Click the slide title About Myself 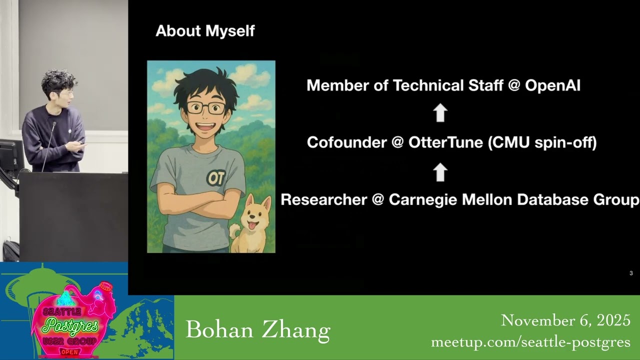tap(205, 31)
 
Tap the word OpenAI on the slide tap(552, 85)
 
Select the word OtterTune tap(445, 142)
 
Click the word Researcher tap(323, 199)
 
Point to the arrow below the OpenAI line tap(440, 112)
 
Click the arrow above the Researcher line tap(440, 172)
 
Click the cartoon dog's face tap(253, 215)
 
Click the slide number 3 tap(631, 273)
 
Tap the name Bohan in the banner tap(219, 330)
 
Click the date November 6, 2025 tap(565, 320)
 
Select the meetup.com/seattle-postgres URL tap(530, 342)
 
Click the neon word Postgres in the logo tap(71, 325)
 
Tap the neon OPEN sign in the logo tap(69, 352)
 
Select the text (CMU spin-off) tap(542, 142)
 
